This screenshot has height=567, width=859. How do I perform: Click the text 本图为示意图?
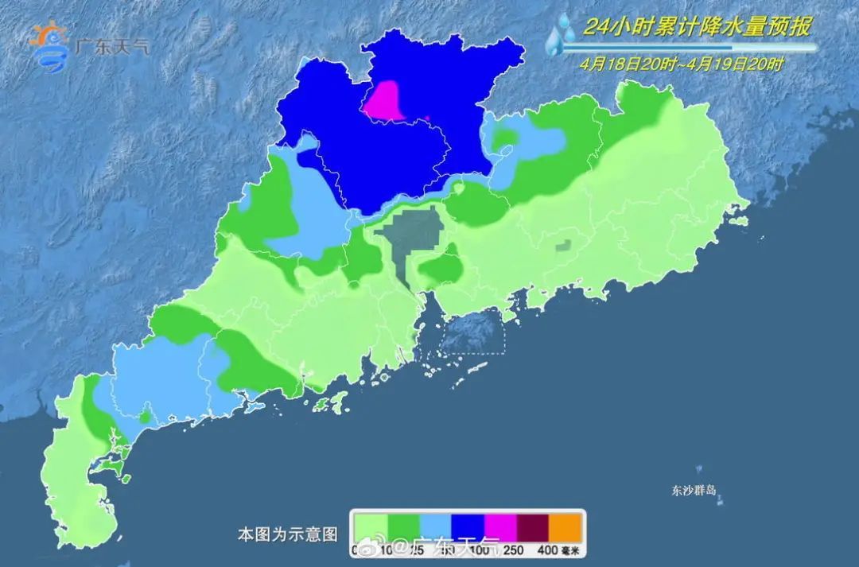click(288, 534)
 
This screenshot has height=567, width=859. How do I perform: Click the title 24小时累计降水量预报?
click(697, 28)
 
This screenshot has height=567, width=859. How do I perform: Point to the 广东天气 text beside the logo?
click(111, 45)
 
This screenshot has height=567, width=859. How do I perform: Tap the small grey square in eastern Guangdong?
click(564, 246)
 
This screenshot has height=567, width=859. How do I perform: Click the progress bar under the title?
click(688, 48)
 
